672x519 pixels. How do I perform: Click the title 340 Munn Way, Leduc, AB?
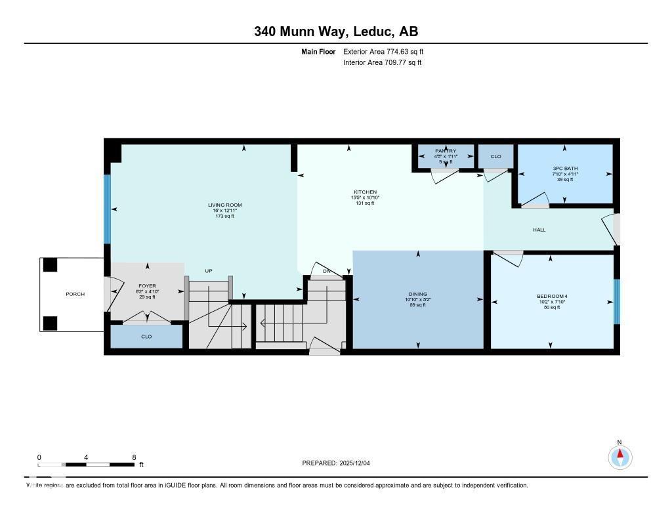click(x=336, y=31)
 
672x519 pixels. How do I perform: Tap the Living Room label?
click(x=225, y=205)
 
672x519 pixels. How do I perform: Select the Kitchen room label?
click(x=364, y=192)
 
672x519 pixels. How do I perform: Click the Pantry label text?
click(x=446, y=151)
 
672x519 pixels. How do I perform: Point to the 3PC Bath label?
click(x=565, y=169)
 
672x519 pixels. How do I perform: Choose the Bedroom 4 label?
click(x=552, y=297)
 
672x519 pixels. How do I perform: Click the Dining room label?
click(x=417, y=294)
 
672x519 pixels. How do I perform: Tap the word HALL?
click(x=539, y=230)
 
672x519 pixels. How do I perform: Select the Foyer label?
click(x=147, y=286)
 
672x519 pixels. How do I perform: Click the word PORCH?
click(x=75, y=294)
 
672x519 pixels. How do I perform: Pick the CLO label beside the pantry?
click(x=495, y=156)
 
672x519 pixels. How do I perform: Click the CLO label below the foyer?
click(x=146, y=337)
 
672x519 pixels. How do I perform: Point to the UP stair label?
click(x=209, y=271)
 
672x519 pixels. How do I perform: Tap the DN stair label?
click(x=326, y=272)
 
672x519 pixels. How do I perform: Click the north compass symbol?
click(x=619, y=456)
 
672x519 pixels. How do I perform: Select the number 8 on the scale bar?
click(x=134, y=457)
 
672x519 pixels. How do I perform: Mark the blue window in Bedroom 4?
click(x=616, y=302)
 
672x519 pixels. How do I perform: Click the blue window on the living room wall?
click(x=108, y=209)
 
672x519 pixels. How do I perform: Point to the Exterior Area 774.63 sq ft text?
click(x=388, y=51)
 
